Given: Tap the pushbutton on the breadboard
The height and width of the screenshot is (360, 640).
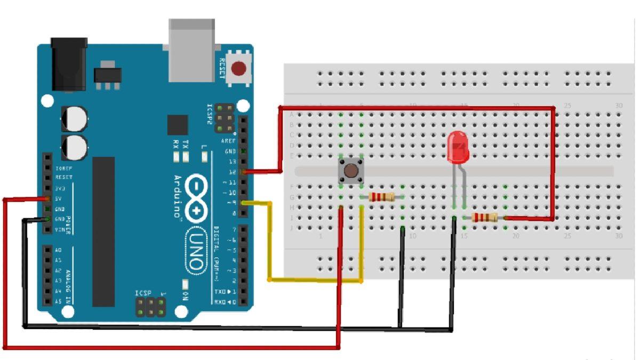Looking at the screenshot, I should [x=351, y=171].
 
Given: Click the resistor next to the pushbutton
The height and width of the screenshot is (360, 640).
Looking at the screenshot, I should [x=382, y=197].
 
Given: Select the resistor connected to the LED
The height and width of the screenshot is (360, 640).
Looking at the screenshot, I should [x=485, y=217].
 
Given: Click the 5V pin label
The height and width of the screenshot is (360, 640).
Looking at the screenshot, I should [x=60, y=198].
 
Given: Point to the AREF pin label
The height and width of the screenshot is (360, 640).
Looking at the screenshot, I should [x=228, y=141].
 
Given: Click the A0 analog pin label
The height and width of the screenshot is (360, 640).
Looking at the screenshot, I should [x=59, y=250].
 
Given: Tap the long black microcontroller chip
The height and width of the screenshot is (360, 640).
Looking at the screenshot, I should [x=103, y=231].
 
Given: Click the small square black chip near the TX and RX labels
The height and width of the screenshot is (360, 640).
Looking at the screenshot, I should [x=177, y=125].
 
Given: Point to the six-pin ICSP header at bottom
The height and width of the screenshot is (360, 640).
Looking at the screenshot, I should [x=150, y=306].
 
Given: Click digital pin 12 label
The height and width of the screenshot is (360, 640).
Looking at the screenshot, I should [x=232, y=172].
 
